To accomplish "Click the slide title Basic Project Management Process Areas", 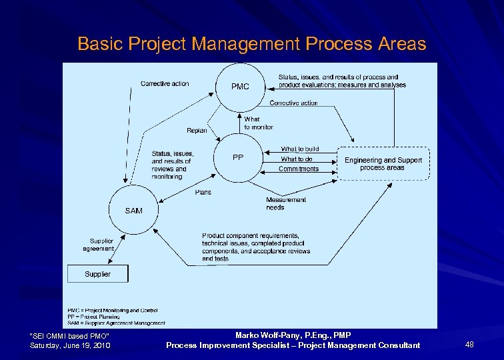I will click(x=251, y=44).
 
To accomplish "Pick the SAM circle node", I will click(x=133, y=210).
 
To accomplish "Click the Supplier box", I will click(x=97, y=274).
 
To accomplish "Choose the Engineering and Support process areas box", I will click(x=383, y=163).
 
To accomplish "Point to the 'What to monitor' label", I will click(x=258, y=123).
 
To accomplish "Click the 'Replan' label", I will click(x=197, y=131).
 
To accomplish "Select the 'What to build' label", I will click(x=299, y=149).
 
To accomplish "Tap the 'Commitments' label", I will click(x=299, y=169).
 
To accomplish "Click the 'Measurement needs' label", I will click(x=286, y=203).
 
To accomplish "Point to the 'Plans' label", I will click(x=203, y=192).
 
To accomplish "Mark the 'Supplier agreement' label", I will click(x=99, y=245).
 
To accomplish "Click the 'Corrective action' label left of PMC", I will click(x=165, y=84).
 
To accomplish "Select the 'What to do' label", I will click(x=297, y=159).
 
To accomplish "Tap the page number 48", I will click(x=469, y=344).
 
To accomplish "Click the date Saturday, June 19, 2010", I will click(x=70, y=345).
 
